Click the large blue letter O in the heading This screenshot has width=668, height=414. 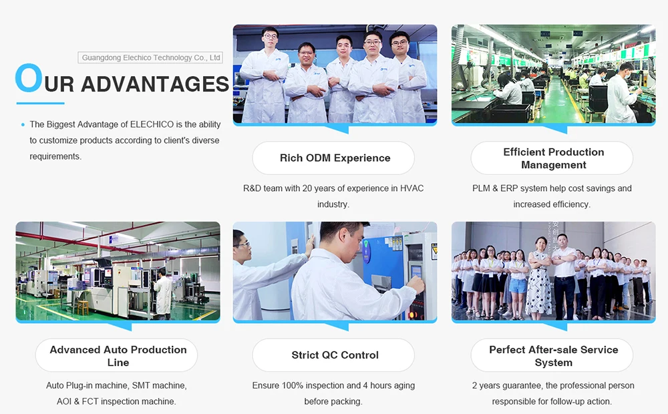coord(29,77)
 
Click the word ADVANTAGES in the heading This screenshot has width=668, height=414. coord(155,84)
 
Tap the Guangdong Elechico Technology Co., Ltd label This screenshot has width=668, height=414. coord(150,57)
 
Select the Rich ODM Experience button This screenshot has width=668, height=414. coord(333,158)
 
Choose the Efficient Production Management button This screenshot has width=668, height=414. coord(552,158)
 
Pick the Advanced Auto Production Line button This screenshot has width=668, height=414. coord(116,355)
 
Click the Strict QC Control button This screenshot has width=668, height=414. coord(333,355)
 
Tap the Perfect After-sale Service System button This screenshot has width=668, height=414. coord(552,355)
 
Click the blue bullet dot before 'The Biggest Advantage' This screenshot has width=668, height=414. coord(23,125)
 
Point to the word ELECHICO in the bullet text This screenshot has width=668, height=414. coord(152,124)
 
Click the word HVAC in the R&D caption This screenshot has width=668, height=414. coord(411,188)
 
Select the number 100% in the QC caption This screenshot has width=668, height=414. coord(293,385)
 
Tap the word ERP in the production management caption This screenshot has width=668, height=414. coord(509,188)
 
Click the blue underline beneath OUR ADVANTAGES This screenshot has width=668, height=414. coord(41,103)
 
